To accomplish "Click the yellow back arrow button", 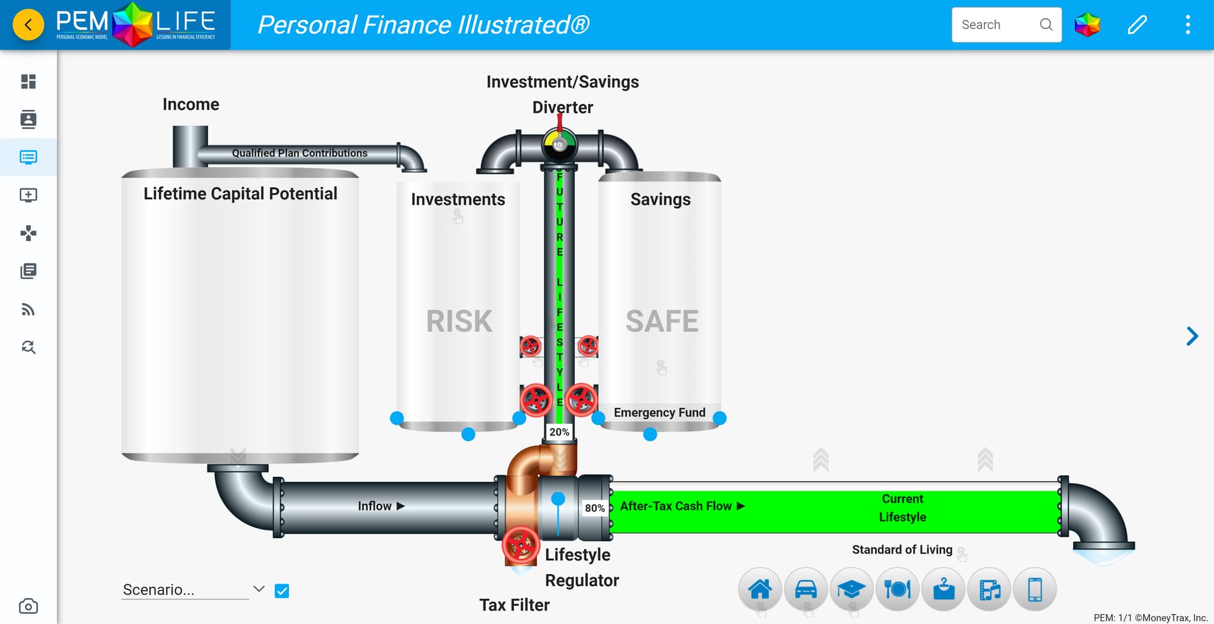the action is tap(28, 25).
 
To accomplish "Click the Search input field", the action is tap(996, 25).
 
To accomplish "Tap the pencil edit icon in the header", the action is tap(1137, 25).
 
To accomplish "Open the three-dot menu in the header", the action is tap(1187, 25).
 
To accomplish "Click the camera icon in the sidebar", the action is tap(28, 606).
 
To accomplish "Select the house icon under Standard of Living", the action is tap(759, 589).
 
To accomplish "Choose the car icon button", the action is tap(806, 589).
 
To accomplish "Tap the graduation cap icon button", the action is tap(851, 589).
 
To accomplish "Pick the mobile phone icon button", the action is tap(1034, 589).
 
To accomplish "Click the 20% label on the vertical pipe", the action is tap(559, 432).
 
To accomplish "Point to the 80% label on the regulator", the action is tap(594, 508).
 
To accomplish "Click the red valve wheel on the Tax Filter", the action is tap(520, 545).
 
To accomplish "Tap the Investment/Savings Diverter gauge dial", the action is tap(560, 145).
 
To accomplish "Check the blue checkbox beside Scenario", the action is tap(282, 590).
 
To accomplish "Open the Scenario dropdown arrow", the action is tap(259, 589).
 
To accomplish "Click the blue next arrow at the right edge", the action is tap(1192, 336).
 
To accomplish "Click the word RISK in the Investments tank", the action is tap(459, 321).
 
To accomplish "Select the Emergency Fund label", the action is tap(659, 413).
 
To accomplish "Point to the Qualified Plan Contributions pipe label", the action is tap(300, 153).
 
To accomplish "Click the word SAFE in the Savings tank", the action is tap(662, 321).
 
